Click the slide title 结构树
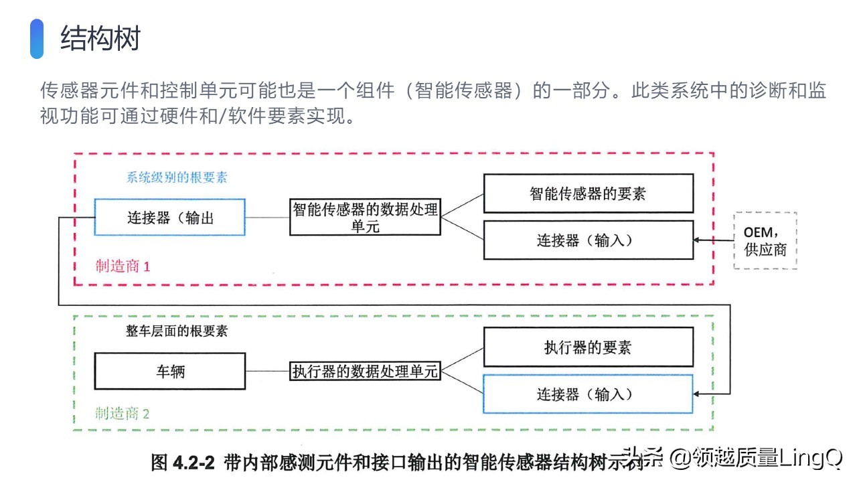pyautogui.click(x=100, y=38)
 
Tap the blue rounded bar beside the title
pyautogui.click(x=37, y=39)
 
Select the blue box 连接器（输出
pyautogui.click(x=170, y=217)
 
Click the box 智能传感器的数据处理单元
pyautogui.click(x=366, y=217)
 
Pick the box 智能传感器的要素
pyautogui.click(x=589, y=193)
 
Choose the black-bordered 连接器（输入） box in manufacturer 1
pyautogui.click(x=589, y=240)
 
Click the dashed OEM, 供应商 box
pyautogui.click(x=765, y=240)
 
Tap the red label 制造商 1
pyautogui.click(x=123, y=266)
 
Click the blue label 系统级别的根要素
pyautogui.click(x=177, y=177)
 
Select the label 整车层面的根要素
pyautogui.click(x=177, y=331)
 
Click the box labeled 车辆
pyautogui.click(x=170, y=371)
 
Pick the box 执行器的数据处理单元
pyautogui.click(x=366, y=371)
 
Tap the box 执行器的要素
pyautogui.click(x=589, y=347)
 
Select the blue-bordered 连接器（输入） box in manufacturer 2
pyautogui.click(x=588, y=394)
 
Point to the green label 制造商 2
pyautogui.click(x=122, y=414)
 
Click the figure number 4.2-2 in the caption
pyautogui.click(x=194, y=463)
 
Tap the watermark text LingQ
pyautogui.click(x=811, y=458)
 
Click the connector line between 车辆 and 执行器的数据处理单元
pyautogui.click(x=267, y=371)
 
